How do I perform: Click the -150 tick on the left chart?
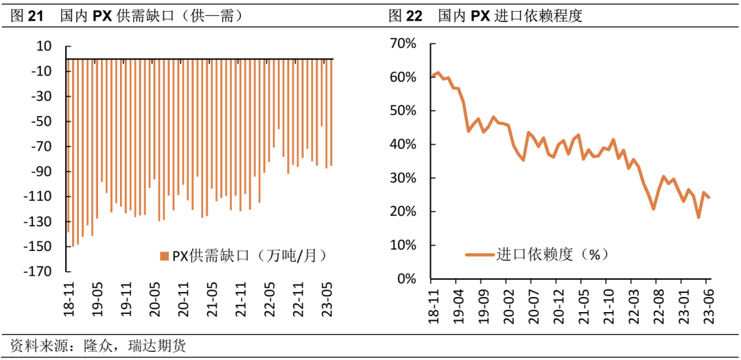40,247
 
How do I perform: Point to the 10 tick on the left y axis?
44,47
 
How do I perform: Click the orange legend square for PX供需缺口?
164,256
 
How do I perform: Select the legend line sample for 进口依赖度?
480,254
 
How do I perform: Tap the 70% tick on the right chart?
403,44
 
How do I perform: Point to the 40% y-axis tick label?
403,145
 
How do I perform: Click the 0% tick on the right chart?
407,279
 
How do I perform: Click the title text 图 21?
28,15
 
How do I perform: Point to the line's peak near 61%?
438,73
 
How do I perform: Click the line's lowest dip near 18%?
698,217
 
